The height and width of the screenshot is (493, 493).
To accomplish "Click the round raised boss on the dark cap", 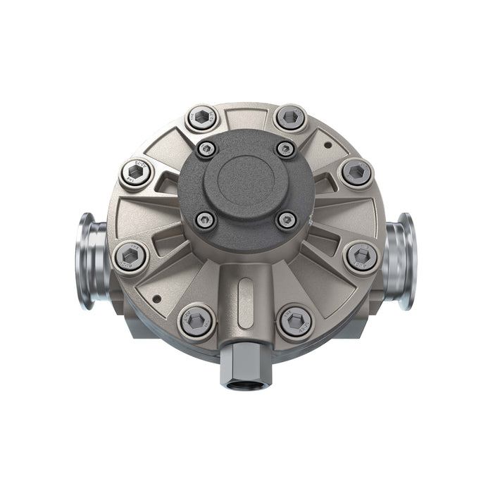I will click(x=246, y=177).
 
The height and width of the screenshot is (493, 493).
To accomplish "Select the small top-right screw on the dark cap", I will click(x=285, y=149).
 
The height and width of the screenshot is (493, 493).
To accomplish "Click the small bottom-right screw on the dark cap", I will click(x=286, y=220).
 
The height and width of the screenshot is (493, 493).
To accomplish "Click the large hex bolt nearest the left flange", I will click(x=132, y=256).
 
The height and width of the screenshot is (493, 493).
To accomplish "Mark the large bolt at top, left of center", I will click(x=201, y=118).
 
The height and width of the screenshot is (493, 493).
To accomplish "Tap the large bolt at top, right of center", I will click(x=290, y=118).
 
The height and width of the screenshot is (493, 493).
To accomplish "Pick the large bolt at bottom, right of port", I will click(x=296, y=322).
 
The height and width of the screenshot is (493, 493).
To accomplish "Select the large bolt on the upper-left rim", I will click(x=136, y=173).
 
